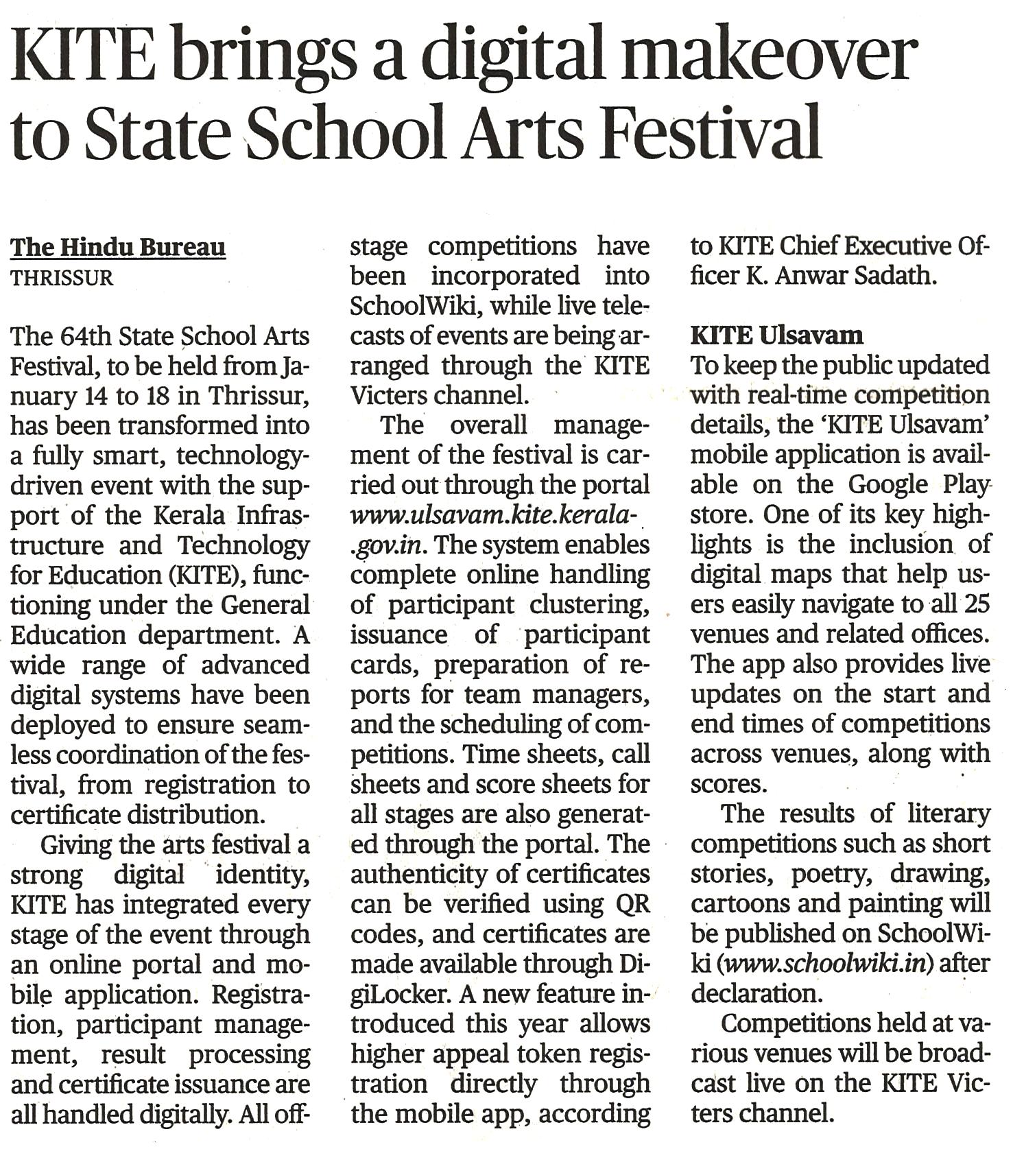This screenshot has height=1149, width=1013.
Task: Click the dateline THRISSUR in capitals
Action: [62, 279]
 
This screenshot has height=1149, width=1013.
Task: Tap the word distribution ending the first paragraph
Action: [195, 814]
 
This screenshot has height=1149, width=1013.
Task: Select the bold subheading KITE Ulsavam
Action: [776, 335]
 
